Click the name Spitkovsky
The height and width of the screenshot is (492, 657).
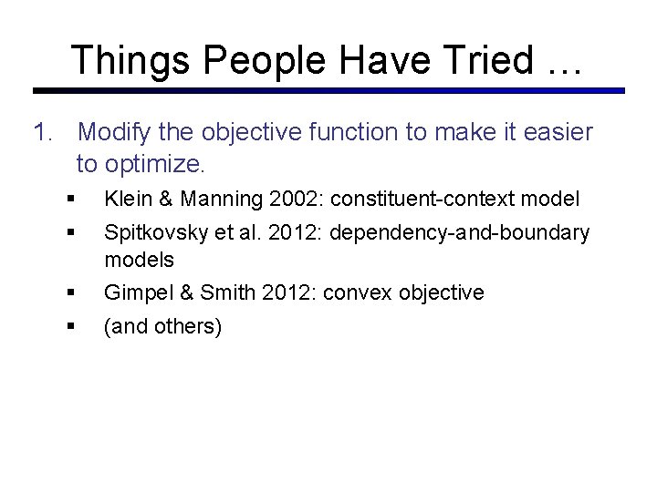point(155,232)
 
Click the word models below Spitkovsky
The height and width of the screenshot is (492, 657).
point(139,260)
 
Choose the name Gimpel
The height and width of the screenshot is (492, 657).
point(134,292)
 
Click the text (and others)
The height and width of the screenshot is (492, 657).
point(162,326)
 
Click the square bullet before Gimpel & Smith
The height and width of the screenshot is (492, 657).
point(70,292)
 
